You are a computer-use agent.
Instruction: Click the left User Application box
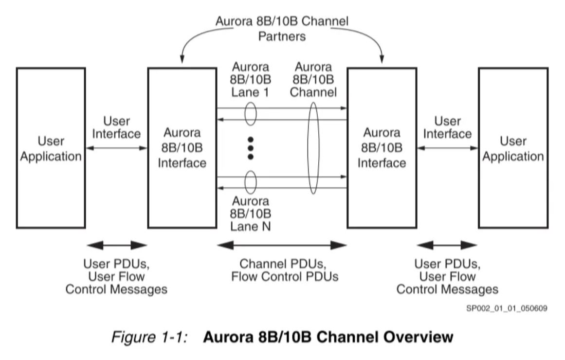click(51, 148)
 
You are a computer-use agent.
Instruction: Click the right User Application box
click(513, 148)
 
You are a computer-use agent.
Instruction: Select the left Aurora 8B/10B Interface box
click(182, 148)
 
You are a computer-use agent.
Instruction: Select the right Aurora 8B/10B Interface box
click(382, 148)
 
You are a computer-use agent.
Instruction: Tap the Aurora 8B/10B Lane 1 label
click(251, 80)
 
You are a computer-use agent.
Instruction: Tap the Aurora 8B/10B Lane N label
click(251, 213)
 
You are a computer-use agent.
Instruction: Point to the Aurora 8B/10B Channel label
click(313, 80)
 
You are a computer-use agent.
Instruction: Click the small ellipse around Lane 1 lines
click(251, 113)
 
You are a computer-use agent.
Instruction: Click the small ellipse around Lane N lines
click(251, 182)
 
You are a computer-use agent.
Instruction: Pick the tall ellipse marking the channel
click(313, 148)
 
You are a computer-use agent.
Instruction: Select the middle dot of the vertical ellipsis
click(251, 147)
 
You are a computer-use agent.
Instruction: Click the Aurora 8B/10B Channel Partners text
click(282, 29)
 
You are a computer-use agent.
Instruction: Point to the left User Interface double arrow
click(116, 148)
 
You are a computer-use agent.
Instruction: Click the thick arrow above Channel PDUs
click(282, 245)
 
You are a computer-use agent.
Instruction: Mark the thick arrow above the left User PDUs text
click(116, 245)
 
